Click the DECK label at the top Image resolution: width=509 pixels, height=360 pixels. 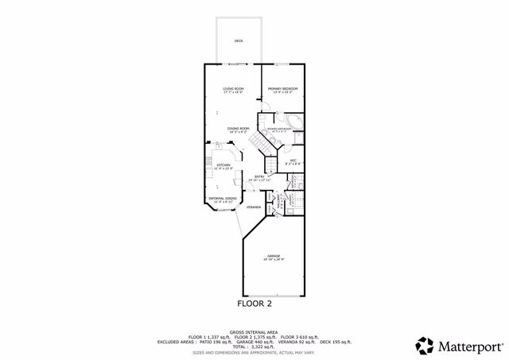click(x=239, y=41)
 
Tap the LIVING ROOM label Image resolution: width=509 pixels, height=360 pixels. click(x=233, y=88)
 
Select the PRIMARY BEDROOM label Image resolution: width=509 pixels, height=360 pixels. click(x=282, y=88)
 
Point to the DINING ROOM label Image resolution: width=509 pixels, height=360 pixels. click(x=239, y=128)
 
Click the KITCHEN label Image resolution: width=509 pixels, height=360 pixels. click(x=223, y=165)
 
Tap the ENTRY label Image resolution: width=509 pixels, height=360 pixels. click(x=259, y=176)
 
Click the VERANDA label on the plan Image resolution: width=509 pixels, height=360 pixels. click(x=254, y=207)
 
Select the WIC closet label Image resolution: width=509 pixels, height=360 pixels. click(x=293, y=161)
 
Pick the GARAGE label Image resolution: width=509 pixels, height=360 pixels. click(x=273, y=256)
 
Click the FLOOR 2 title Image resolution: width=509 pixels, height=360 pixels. click(x=255, y=303)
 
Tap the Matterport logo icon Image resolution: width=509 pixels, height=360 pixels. click(x=424, y=345)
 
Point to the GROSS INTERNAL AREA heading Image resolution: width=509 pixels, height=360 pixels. click(x=254, y=333)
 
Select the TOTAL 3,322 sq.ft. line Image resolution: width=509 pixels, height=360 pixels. click(x=254, y=347)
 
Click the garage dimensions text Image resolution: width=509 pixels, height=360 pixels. click(x=273, y=260)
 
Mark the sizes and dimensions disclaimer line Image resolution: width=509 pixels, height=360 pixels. click(x=254, y=352)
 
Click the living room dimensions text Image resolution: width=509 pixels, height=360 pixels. click(x=233, y=92)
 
